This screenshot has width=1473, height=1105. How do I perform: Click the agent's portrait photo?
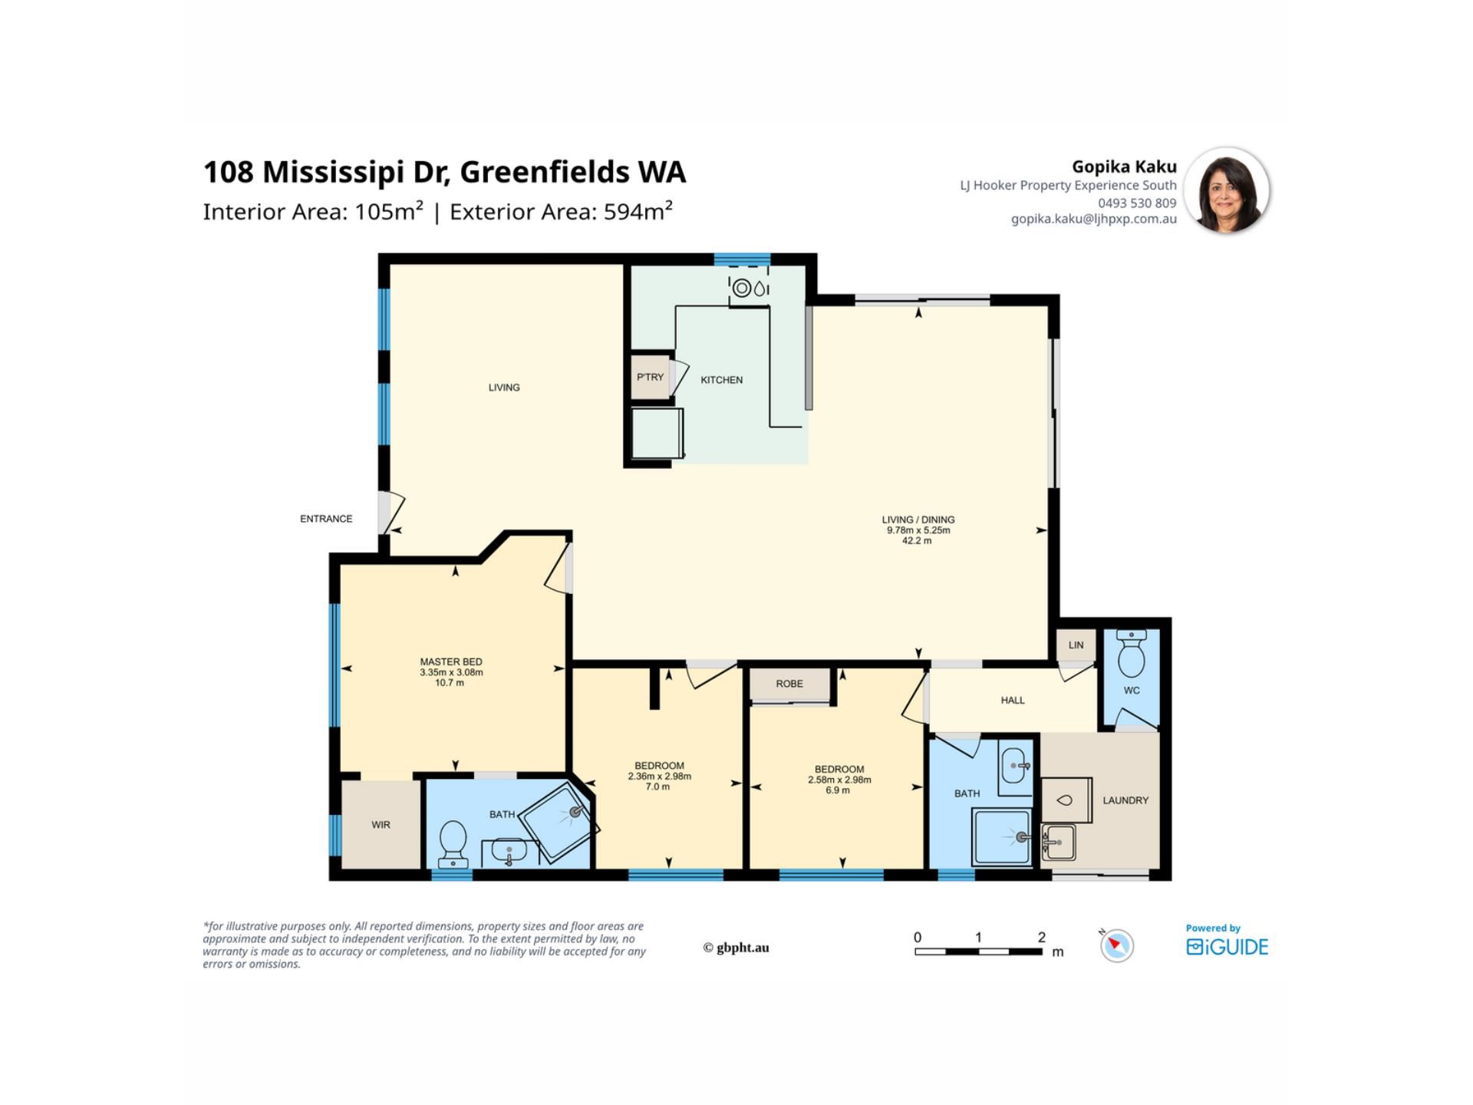[x=1226, y=190]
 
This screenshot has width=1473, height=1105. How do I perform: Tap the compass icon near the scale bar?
[x=1116, y=945]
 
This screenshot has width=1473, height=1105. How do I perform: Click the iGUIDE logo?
[x=1227, y=947]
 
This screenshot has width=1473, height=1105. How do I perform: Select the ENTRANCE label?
[x=326, y=519]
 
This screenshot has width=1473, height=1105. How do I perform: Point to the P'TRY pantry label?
[x=650, y=377]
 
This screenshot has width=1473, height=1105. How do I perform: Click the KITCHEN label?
[x=721, y=380]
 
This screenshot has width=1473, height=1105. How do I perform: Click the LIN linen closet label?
[x=1076, y=645]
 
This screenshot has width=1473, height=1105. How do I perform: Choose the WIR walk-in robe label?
[x=381, y=825]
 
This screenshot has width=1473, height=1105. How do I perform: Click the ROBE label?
[x=789, y=684]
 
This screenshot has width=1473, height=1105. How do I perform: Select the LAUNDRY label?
[x=1125, y=800]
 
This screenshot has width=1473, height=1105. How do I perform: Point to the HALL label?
[x=1013, y=700]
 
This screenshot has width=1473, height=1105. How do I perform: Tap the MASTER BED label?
[x=451, y=661]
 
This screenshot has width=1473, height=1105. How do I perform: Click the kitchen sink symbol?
[x=750, y=289]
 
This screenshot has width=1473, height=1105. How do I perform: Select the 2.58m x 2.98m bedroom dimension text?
[x=839, y=780]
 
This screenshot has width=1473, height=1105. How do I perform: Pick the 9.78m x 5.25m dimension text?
[x=918, y=530]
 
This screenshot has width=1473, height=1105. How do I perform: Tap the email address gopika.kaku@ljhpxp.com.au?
[x=1093, y=219]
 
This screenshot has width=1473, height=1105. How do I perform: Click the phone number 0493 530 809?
[x=1137, y=203]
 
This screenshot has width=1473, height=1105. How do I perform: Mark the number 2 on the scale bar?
[x=1041, y=937]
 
